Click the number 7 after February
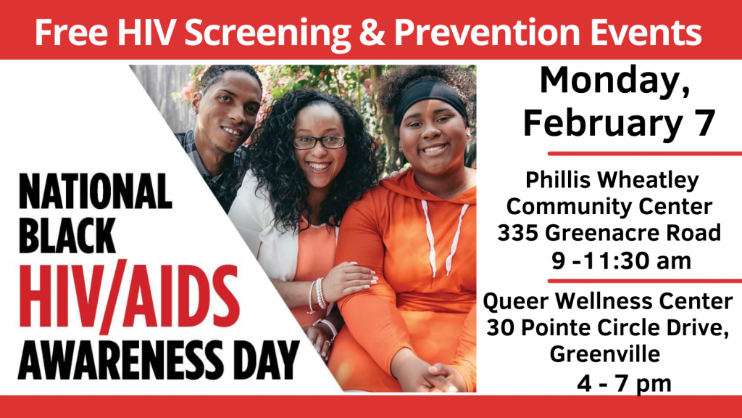[x=704, y=123]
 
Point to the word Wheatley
[x=648, y=180]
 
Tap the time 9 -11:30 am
[x=621, y=261]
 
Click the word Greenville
[x=605, y=353]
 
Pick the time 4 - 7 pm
[x=624, y=383]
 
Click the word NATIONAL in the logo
[x=95, y=192]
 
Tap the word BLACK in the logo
[x=67, y=236]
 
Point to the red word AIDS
[x=181, y=296]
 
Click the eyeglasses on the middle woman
[x=320, y=142]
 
